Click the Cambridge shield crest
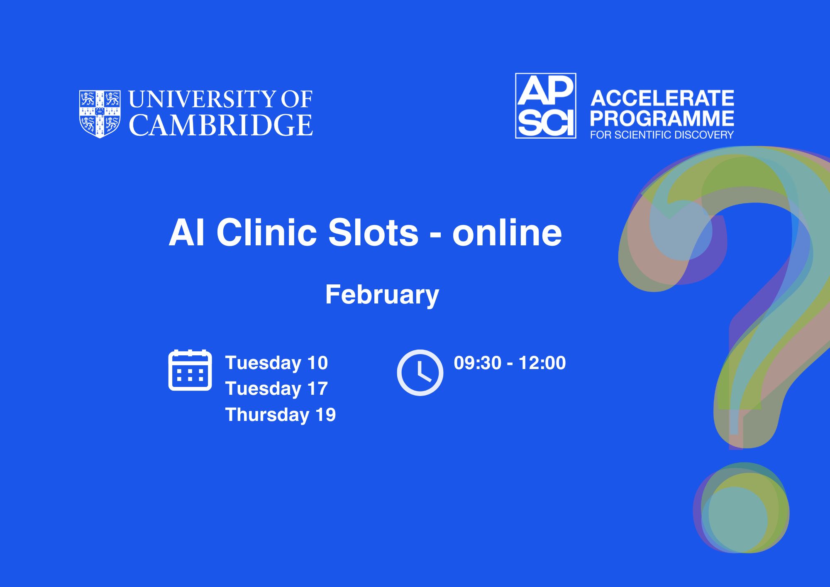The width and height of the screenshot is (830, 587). coord(100,114)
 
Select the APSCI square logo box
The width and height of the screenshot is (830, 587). coord(546,106)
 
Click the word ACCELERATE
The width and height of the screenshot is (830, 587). coord(662,98)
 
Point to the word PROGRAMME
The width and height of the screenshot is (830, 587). coord(662,118)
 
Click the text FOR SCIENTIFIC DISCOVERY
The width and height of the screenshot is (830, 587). coord(662,135)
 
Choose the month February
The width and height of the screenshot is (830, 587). coord(382,295)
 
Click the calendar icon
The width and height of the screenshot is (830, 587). coord(190,370)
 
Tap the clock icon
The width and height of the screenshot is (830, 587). coord(420,372)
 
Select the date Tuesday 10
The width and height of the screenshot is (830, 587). coord(277,363)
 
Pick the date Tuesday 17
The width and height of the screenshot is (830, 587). coord(277,389)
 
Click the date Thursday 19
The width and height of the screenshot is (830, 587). coord(281,415)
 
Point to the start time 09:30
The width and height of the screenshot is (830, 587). coord(478,363)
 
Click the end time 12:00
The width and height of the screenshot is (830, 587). coord(542,363)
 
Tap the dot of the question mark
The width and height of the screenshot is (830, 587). coord(741,508)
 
